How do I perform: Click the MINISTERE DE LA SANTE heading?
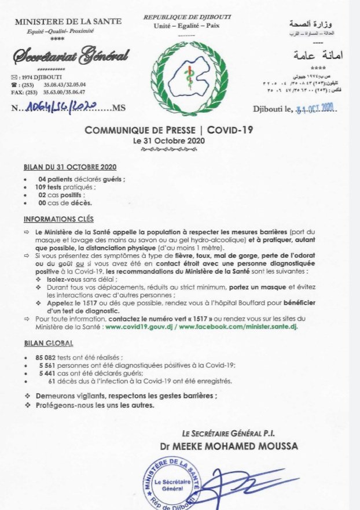[68, 21]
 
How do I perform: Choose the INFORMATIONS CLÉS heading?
[58, 220]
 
